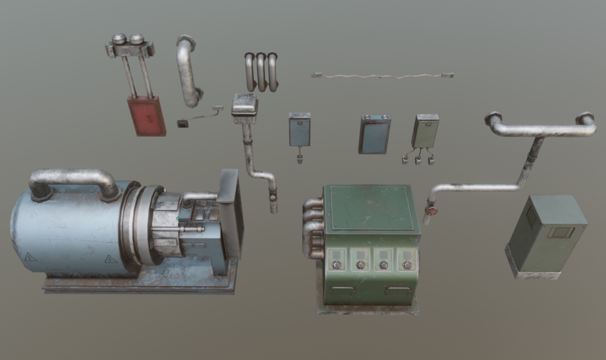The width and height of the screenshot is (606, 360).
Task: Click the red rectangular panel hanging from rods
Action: [146, 116]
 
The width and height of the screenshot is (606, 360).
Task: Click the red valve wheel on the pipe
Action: [431, 210]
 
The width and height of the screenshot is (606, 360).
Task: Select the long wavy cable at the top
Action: [382, 76]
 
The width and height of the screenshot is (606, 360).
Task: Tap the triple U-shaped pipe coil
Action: [261, 72]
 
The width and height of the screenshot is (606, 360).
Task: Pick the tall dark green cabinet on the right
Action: [546, 234]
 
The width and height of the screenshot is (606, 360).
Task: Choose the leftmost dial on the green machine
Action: [337, 264]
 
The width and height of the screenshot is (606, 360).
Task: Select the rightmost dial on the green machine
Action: [407, 265]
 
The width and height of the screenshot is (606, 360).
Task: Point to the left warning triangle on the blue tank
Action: [30, 258]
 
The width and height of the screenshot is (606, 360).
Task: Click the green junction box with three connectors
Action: [425, 131]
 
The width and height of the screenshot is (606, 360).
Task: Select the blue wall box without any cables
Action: [374, 134]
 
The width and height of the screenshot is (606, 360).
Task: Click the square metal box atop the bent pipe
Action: [244, 107]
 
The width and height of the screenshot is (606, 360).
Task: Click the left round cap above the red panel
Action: [119, 39]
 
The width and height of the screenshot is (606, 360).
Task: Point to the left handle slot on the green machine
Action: [342, 291]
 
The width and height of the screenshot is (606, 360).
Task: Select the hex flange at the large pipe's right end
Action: [585, 118]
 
